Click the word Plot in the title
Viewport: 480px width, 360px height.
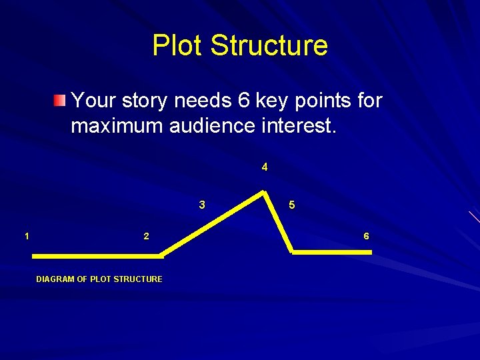pos(178,45)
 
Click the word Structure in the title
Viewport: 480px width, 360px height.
pos(269,45)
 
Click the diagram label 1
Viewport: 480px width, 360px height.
pos(26,235)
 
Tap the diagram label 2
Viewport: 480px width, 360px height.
pos(146,236)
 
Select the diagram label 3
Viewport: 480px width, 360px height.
pos(202,205)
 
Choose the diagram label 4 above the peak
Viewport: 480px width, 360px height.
pos(265,167)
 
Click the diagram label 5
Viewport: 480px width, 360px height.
pos(292,205)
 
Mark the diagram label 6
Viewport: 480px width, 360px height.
pos(366,236)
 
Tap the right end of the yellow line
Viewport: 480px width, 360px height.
pos(370,252)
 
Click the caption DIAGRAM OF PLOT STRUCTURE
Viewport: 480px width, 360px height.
pos(99,279)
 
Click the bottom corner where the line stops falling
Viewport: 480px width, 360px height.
pos(291,251)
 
